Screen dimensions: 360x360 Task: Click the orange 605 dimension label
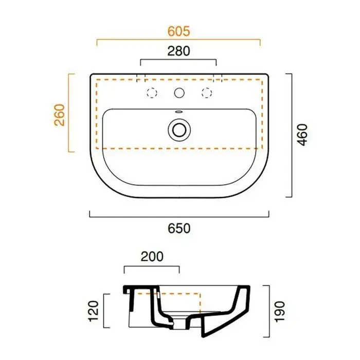point(179,31)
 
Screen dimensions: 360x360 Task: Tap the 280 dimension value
point(178,51)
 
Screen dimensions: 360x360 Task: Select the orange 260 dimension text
point(60,115)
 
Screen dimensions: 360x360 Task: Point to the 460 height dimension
point(302,135)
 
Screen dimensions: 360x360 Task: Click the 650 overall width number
point(179,228)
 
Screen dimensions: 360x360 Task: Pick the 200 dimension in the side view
point(152,257)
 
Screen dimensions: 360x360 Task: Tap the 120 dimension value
point(94,311)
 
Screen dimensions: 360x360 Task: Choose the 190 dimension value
point(280,312)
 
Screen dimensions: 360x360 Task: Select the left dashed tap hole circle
point(152,93)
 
